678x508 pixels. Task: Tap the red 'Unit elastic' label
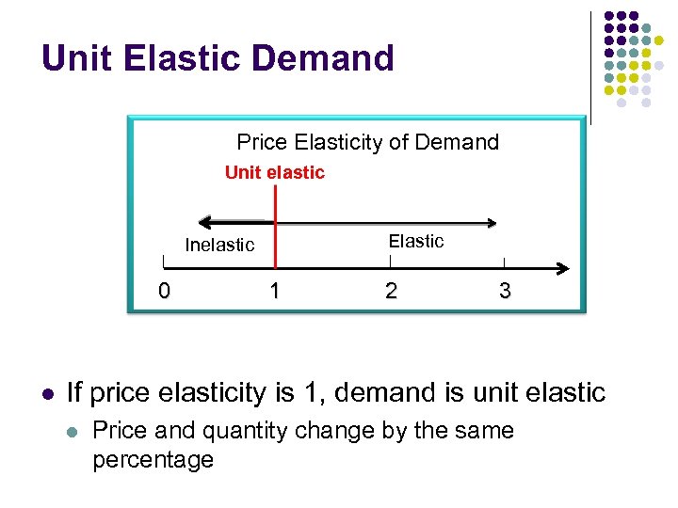tap(274, 172)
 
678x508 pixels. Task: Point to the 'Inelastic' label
tap(219, 246)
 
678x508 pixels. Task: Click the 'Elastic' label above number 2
tap(416, 241)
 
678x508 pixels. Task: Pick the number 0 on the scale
tap(164, 291)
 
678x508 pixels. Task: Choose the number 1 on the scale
tap(274, 291)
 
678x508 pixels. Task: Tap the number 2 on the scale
tap(391, 291)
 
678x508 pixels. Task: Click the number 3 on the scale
tap(505, 291)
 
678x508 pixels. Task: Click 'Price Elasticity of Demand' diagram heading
tap(367, 142)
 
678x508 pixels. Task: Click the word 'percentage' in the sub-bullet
tap(153, 460)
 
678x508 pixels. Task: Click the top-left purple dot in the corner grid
tap(609, 17)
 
